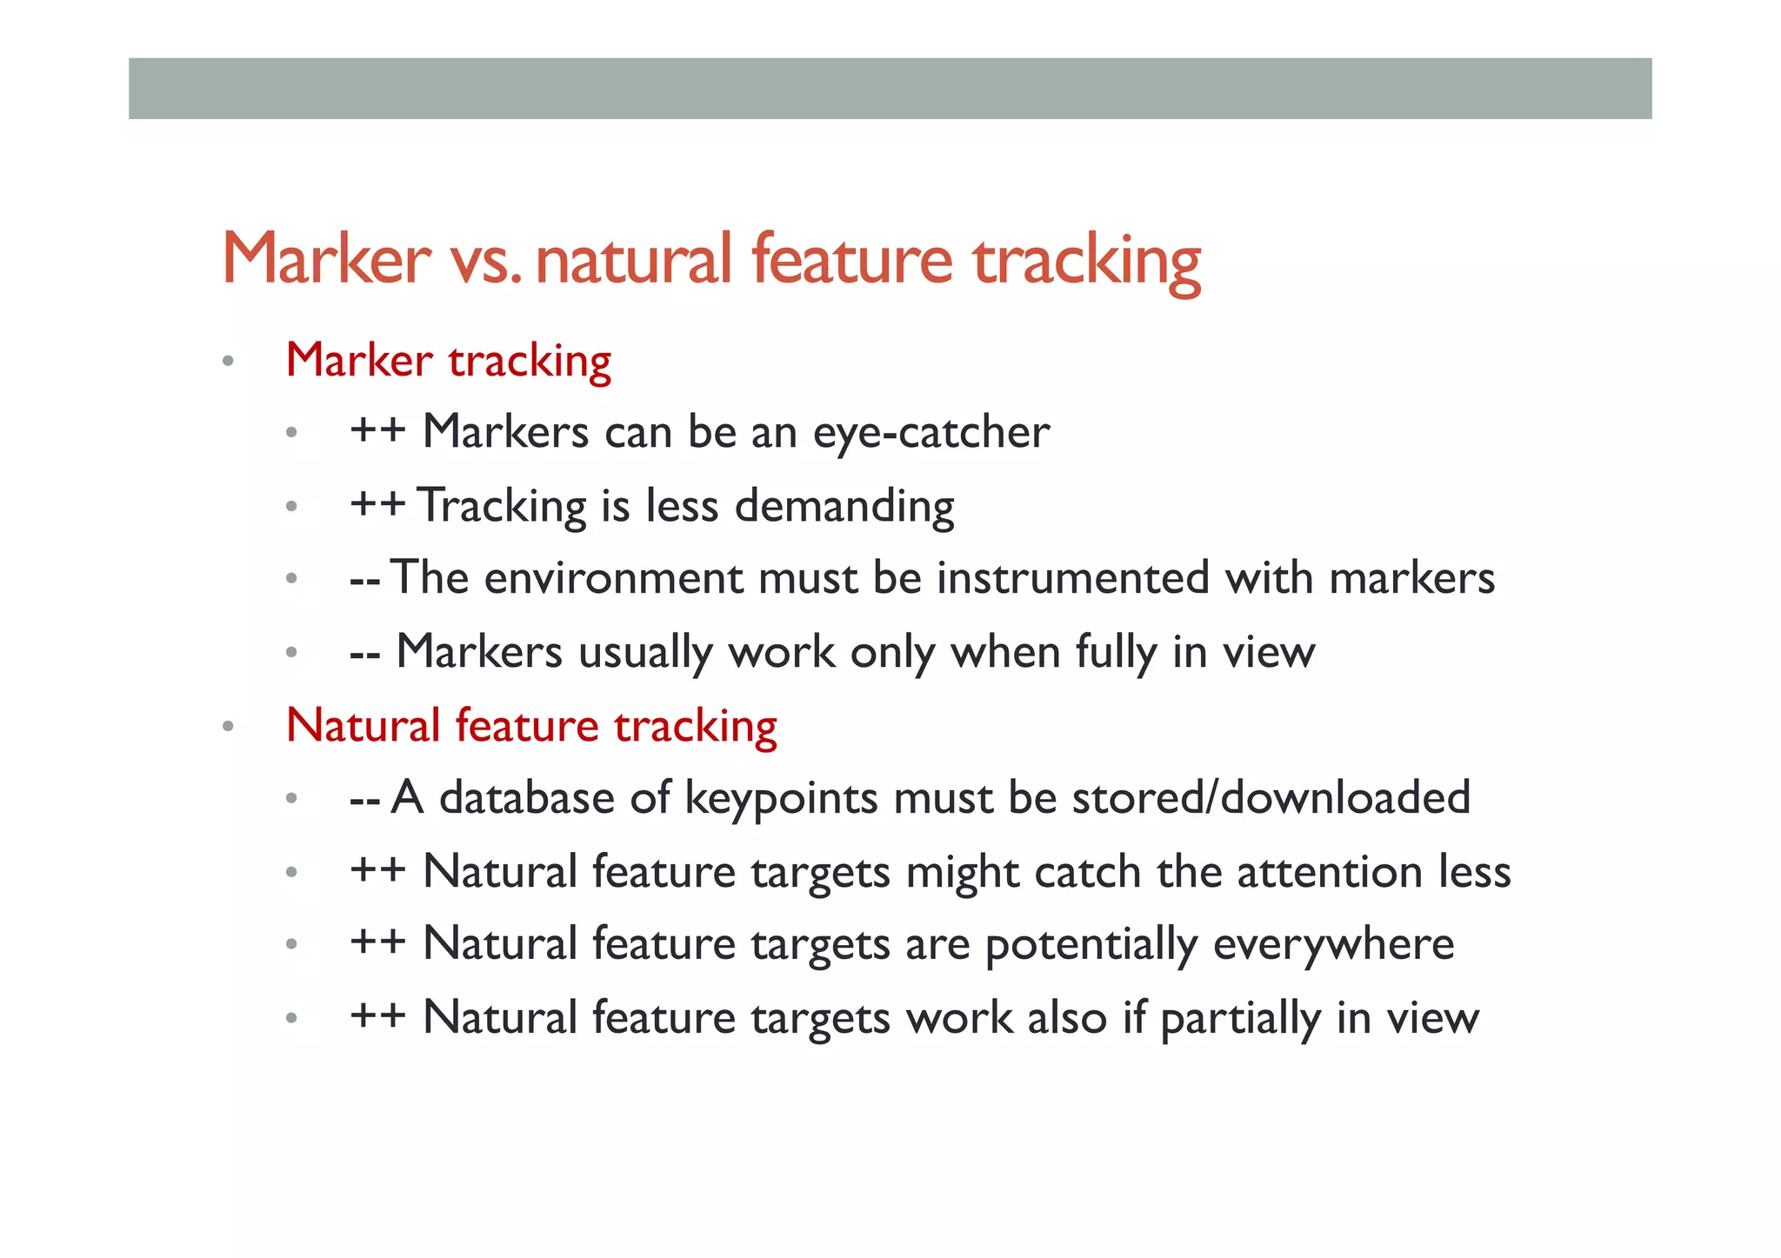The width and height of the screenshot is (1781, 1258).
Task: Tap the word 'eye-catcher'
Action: (x=931, y=433)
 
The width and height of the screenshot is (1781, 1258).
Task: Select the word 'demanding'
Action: (x=844, y=507)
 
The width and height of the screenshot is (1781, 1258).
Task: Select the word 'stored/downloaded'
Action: (x=1271, y=798)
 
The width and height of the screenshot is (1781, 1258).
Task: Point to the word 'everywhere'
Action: (x=1333, y=945)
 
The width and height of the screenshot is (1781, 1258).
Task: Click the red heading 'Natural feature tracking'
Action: (x=531, y=727)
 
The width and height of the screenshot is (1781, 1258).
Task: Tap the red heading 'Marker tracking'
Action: (x=448, y=361)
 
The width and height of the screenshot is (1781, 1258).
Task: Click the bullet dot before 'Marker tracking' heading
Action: (x=228, y=361)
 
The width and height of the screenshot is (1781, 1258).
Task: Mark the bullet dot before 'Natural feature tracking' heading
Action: (x=228, y=727)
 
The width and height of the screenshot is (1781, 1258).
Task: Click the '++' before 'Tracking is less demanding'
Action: (x=377, y=505)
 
